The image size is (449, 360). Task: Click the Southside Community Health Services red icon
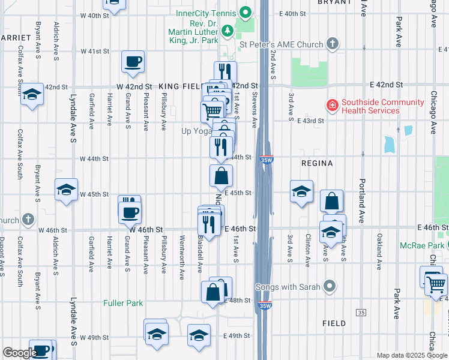coord(331,106)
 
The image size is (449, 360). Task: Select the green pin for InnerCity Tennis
coord(245,12)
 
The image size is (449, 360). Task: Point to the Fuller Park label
coord(123,303)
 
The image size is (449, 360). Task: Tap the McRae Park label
coord(424,245)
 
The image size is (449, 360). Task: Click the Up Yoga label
coord(196,130)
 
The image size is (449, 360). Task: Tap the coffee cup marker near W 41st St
coord(133,61)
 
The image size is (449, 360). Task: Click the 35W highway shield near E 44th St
coord(267,160)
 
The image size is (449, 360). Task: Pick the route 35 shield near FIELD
coord(361,313)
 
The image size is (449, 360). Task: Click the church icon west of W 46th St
coord(28,220)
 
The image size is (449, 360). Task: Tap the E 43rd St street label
coord(310,121)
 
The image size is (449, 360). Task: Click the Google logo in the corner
coord(20,353)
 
